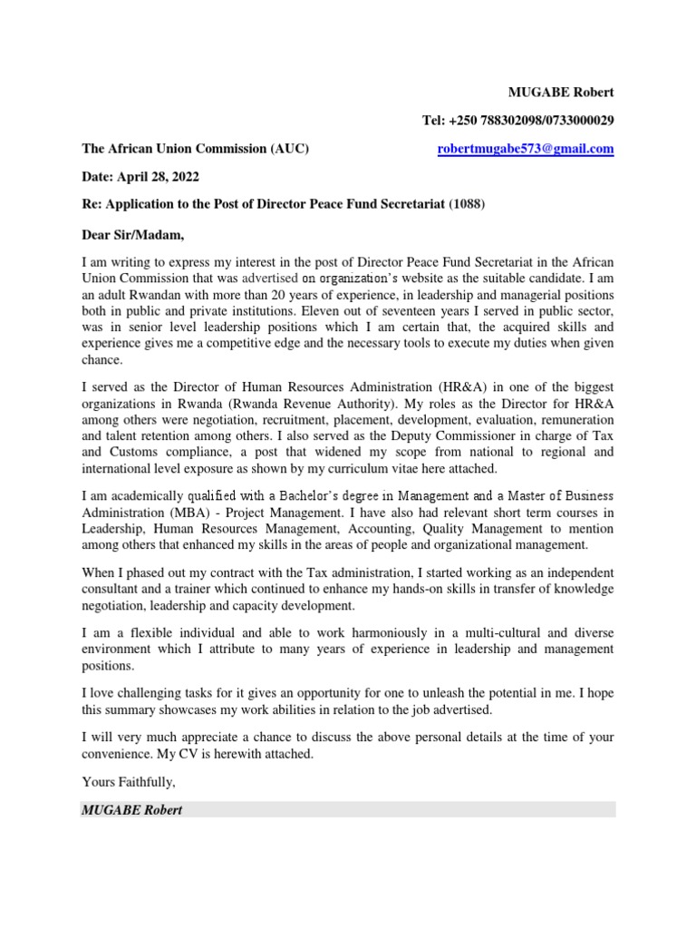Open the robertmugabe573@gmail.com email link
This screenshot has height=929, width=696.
(x=526, y=149)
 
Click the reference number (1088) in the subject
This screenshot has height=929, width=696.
(x=467, y=204)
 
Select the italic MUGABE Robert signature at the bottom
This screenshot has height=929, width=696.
(x=131, y=809)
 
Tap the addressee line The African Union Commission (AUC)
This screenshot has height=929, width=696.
(x=196, y=149)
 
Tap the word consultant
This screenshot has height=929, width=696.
(x=113, y=589)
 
